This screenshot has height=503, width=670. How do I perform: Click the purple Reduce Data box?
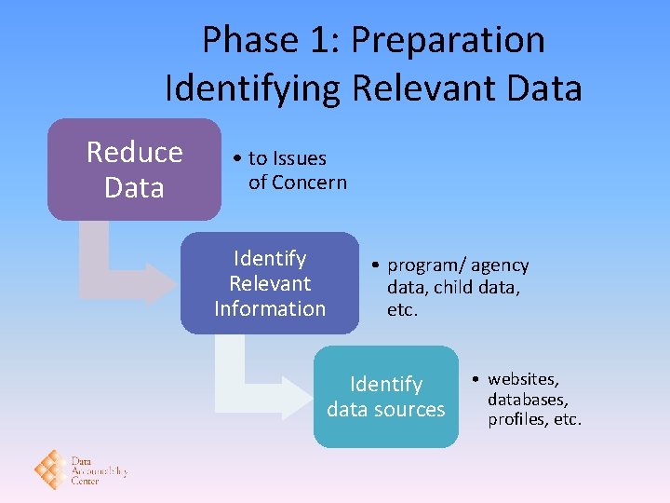pyautogui.click(x=134, y=169)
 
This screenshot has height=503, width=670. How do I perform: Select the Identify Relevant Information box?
pyautogui.click(x=269, y=283)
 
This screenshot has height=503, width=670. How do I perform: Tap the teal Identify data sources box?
pyautogui.click(x=385, y=397)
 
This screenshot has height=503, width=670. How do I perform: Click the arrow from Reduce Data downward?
pyautogui.click(x=112, y=265)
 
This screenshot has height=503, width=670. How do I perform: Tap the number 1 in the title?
pyautogui.click(x=315, y=41)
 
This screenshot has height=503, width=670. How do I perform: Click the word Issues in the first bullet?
pyautogui.click(x=300, y=158)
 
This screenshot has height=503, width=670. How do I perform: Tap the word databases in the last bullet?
pyautogui.click(x=525, y=400)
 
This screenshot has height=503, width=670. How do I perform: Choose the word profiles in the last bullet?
pyautogui.click(x=516, y=419)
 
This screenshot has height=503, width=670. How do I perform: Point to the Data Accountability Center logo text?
pyautogui.click(x=98, y=470)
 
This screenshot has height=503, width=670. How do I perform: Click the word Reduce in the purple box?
pyautogui.click(x=134, y=152)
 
